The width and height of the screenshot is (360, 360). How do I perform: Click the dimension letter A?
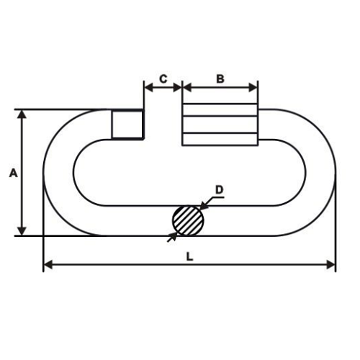(14, 173)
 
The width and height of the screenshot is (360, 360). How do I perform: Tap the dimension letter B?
(220, 78)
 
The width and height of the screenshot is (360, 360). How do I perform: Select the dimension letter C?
(163, 78)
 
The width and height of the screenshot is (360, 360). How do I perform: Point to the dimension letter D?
(219, 189)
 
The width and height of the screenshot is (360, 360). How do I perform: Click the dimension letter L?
(189, 256)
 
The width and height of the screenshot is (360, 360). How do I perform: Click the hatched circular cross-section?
(188, 221)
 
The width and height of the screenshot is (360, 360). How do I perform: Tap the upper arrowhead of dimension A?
(22, 114)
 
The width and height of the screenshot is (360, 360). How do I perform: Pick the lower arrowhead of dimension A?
(22, 231)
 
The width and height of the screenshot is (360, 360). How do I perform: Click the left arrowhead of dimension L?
(48, 265)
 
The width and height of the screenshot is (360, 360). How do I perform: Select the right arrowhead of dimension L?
(331, 265)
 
